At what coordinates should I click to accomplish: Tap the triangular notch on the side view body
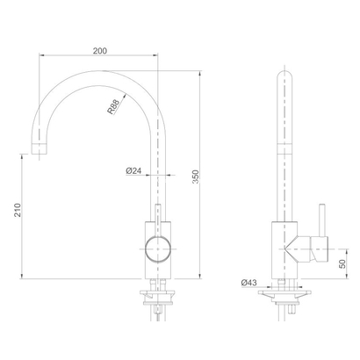(295, 248)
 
